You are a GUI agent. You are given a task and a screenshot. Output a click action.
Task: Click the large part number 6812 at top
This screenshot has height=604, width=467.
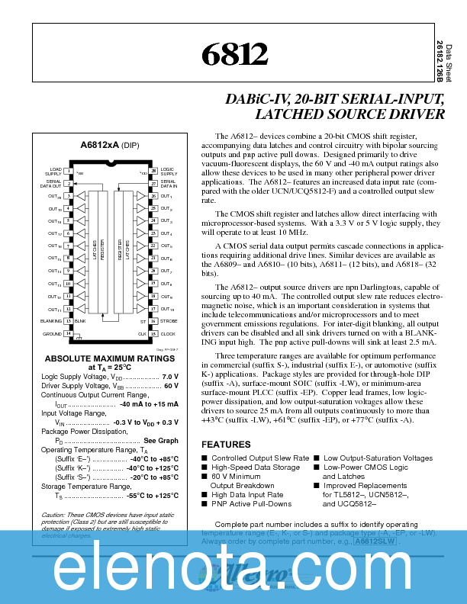235,53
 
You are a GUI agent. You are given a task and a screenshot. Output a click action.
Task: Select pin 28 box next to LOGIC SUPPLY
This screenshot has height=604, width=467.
153,171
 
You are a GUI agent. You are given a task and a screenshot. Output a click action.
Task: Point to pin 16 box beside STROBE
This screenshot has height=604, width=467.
153,321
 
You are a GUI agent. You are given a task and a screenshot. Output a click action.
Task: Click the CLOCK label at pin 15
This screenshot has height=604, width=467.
168,334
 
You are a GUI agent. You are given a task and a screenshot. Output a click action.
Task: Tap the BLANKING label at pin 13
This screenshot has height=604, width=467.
51,322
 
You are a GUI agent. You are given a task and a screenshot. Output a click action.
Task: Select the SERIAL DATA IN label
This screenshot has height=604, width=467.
169,184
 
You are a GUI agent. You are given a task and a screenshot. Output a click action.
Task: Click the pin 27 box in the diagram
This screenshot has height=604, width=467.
153,184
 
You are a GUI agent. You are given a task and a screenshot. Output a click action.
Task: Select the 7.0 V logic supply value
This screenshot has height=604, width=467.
170,377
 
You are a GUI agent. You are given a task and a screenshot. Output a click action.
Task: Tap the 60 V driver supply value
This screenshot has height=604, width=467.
171,386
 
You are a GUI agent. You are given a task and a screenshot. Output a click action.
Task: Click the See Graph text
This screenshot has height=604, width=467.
161,441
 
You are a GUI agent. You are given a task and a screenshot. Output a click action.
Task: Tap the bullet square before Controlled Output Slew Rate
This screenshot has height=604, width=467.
204,458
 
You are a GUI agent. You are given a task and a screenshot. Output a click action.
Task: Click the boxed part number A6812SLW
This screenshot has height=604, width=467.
374,541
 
